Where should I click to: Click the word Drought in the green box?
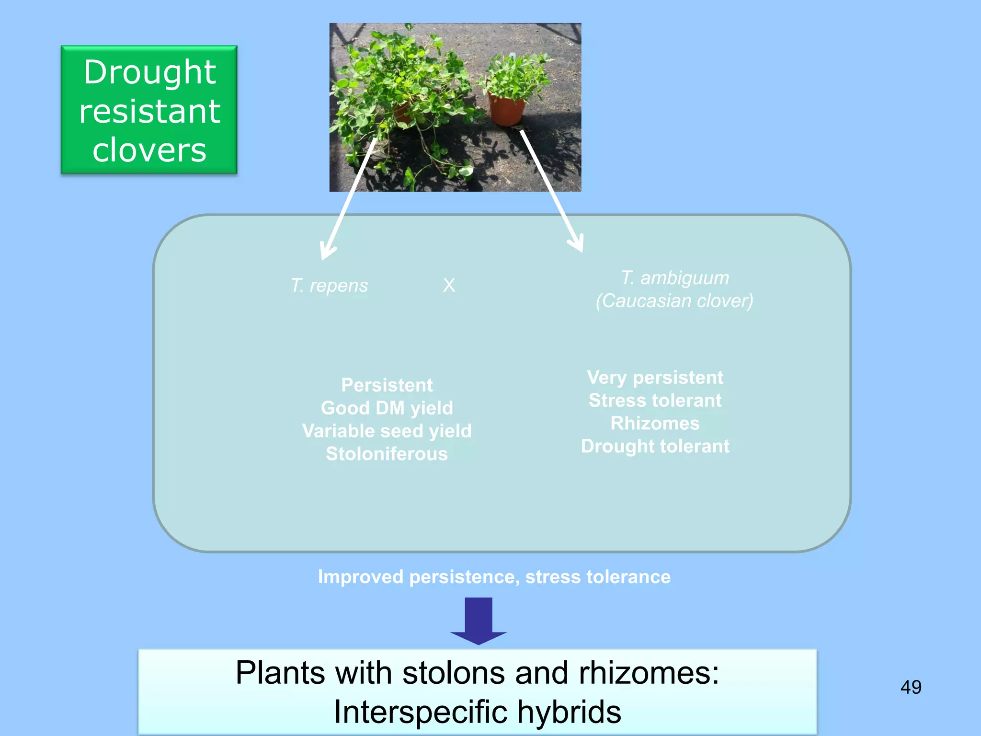(149, 73)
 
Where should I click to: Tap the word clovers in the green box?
(149, 150)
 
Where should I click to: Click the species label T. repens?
(330, 286)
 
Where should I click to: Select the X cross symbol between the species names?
(449, 286)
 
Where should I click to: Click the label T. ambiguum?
(675, 278)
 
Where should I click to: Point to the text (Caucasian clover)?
(674, 301)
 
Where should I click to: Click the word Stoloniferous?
(387, 454)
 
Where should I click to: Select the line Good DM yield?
(387, 408)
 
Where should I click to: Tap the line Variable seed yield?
(387, 431)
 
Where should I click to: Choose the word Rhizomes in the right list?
(655, 423)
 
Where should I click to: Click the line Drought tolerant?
(655, 446)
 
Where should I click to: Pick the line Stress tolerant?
(655, 400)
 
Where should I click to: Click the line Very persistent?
(655, 378)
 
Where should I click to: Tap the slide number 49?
(911, 687)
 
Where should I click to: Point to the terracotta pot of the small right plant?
(506, 110)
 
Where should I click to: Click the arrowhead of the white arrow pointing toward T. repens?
(327, 252)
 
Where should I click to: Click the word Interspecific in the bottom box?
(421, 712)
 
